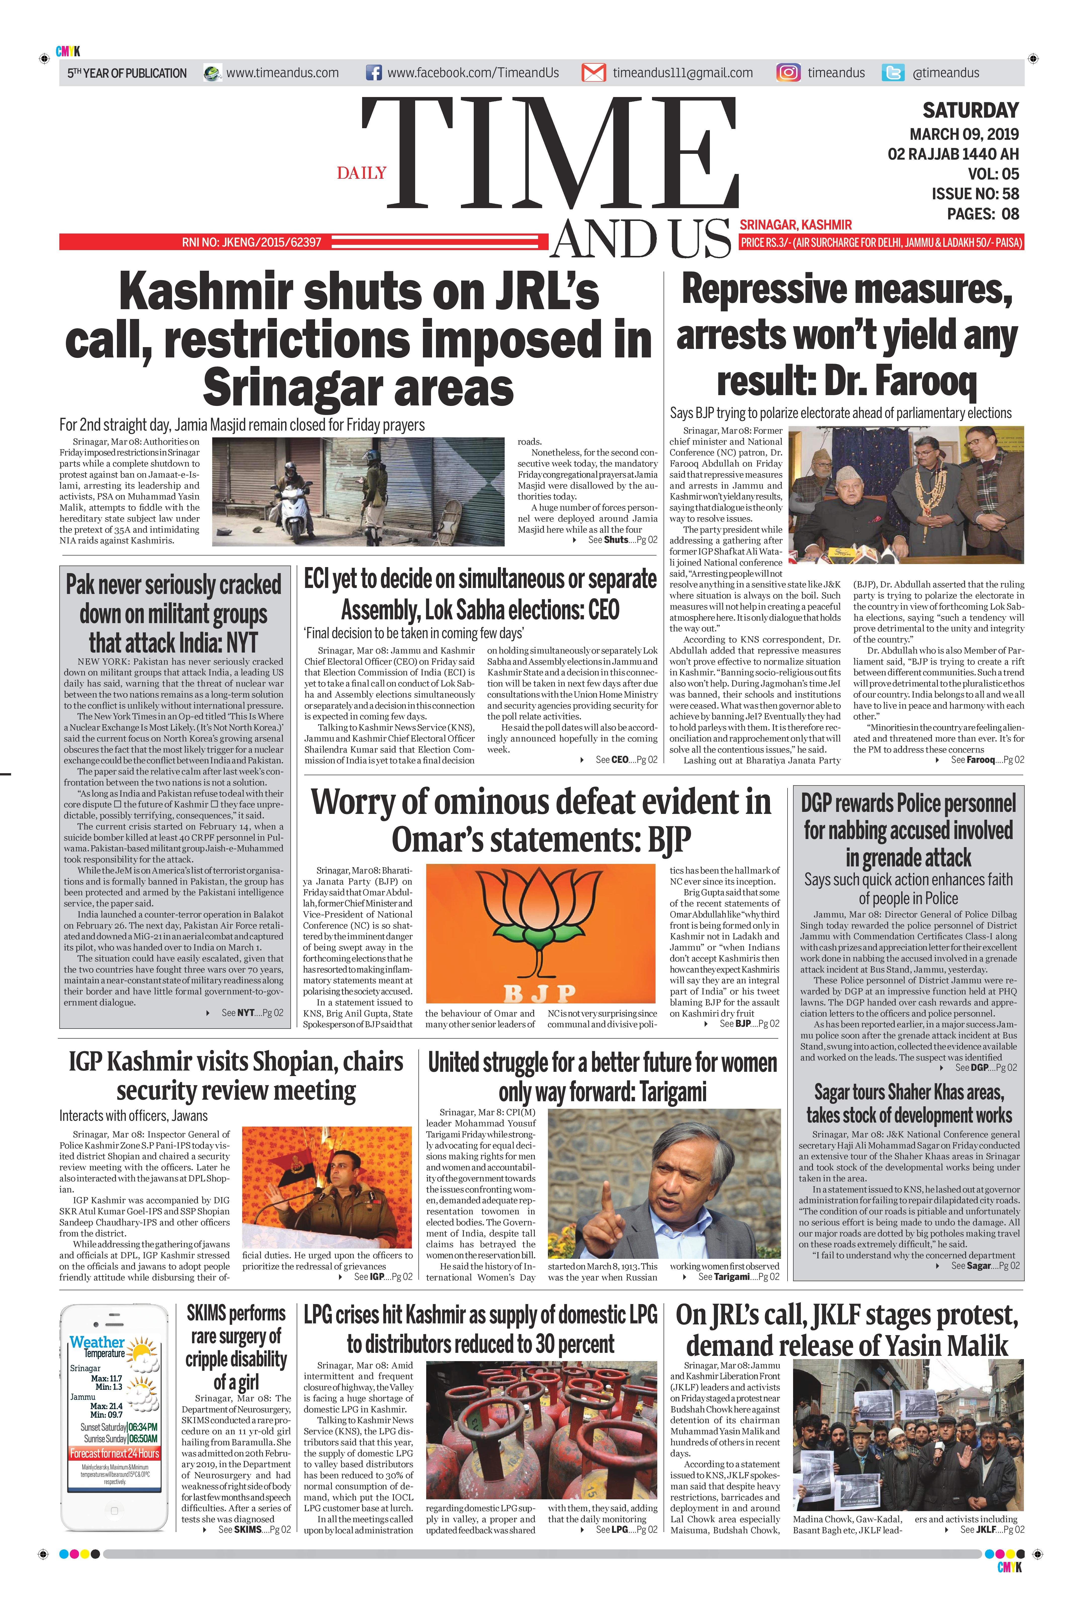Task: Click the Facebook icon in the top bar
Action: coord(373,73)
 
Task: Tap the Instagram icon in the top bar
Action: coord(788,73)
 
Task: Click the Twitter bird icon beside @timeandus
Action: coord(893,73)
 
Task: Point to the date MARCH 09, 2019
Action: coord(964,134)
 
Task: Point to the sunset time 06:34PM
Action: coord(142,1427)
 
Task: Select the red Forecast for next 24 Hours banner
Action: coord(114,1453)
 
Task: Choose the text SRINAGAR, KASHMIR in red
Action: coord(795,224)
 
